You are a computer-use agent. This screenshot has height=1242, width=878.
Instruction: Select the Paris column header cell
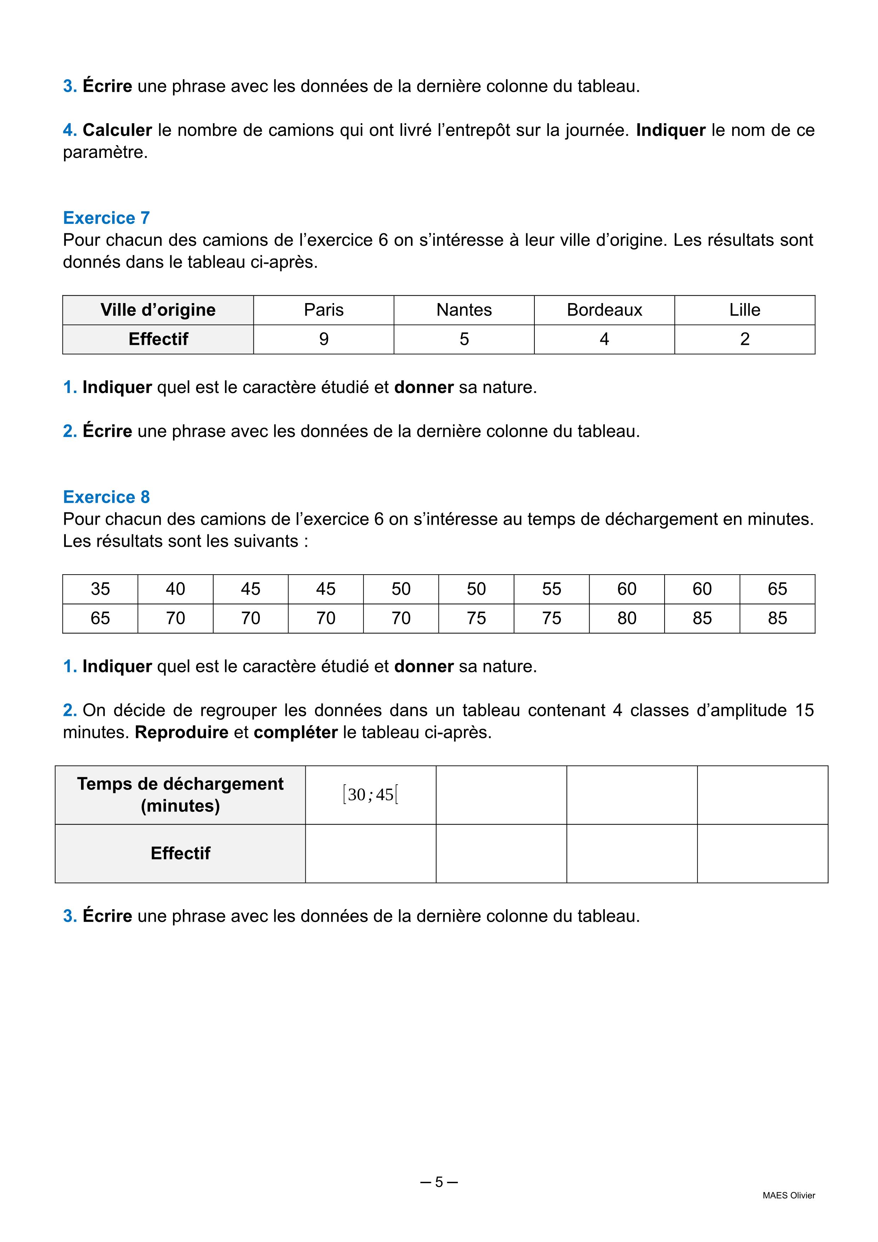323,310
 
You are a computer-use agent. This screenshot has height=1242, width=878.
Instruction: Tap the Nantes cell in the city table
464,310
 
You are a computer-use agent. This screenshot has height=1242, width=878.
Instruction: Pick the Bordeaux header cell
604,310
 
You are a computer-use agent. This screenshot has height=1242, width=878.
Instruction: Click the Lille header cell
745,310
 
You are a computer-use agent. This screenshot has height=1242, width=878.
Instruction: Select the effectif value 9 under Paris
323,339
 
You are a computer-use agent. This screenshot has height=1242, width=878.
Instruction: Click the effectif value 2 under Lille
745,339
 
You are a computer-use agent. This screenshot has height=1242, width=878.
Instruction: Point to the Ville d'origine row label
158,310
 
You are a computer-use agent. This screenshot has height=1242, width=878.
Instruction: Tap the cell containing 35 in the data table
100,589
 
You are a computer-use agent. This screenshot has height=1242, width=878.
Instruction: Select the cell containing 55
551,589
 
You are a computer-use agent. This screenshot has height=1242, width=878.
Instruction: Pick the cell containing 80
627,618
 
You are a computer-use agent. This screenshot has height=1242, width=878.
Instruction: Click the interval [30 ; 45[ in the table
370,794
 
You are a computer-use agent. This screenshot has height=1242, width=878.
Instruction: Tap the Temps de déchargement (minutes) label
180,794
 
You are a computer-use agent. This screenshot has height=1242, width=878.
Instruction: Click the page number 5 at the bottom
439,1182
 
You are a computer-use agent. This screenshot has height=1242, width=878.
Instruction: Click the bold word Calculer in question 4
117,130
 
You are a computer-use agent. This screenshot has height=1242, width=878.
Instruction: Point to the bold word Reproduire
182,733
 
